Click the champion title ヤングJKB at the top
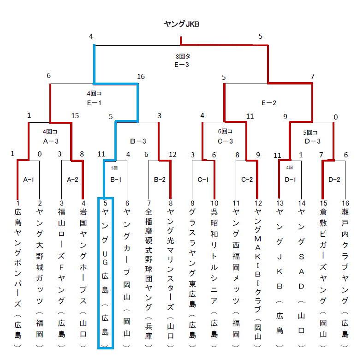(x=182, y=24)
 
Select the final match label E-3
(x=182, y=65)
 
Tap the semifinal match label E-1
(x=94, y=103)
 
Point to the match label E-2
(x=269, y=103)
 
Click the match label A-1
(x=29, y=180)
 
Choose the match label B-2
(x=160, y=180)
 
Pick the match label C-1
(x=203, y=180)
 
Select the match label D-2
(x=334, y=180)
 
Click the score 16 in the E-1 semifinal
(x=141, y=77)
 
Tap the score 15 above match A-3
(x=75, y=115)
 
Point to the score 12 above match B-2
(x=173, y=155)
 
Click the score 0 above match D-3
(x=336, y=117)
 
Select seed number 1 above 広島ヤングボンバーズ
(x=18, y=204)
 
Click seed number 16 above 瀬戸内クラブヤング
(x=345, y=204)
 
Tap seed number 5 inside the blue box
(x=105, y=204)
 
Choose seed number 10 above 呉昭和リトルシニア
(x=214, y=204)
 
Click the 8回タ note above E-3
(x=183, y=56)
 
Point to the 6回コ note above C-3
(x=225, y=132)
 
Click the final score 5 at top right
(x=261, y=36)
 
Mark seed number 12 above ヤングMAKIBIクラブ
(x=258, y=204)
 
